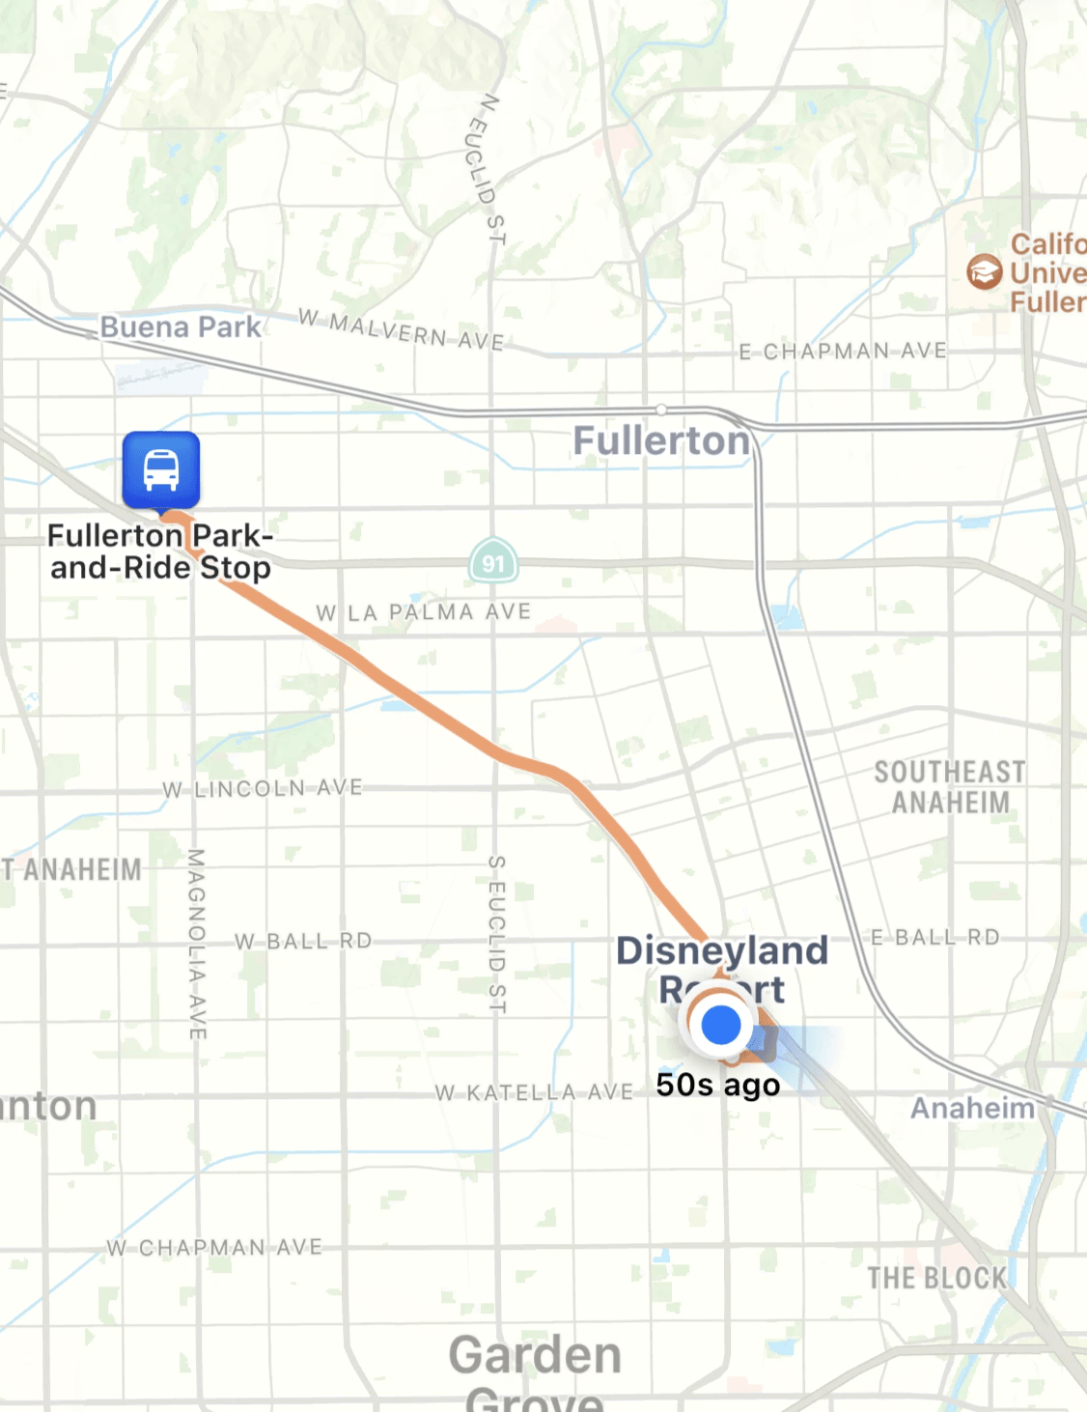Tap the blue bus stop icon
tap(161, 469)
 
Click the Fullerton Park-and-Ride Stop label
tap(160, 551)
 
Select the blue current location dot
tap(720, 1025)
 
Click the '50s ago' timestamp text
tap(717, 1085)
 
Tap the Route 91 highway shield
tap(493, 562)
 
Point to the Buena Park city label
tap(181, 327)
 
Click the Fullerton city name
tap(661, 440)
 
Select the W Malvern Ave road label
tap(401, 329)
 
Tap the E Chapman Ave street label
tap(843, 352)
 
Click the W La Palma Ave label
tap(423, 612)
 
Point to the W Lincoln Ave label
tap(263, 789)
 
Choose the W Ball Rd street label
tap(303, 941)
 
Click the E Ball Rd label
tap(934, 937)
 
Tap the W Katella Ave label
tap(534, 1092)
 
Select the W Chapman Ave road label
tap(214, 1248)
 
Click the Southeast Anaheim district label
tap(950, 787)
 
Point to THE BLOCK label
tap(936, 1278)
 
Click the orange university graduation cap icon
tap(984, 271)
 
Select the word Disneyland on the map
tap(722, 950)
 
